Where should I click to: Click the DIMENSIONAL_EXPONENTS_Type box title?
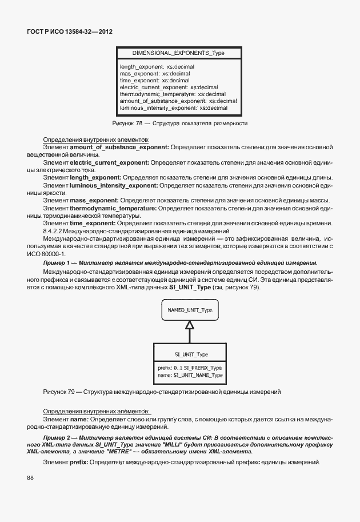tap(178, 53)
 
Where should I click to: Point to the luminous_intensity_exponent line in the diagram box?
tap(174, 108)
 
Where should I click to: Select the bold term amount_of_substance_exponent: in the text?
tap(119, 148)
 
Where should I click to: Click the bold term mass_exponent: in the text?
tap(94, 200)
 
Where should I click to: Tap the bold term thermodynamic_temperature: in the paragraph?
tap(113, 208)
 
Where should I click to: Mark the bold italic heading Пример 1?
tap(58, 262)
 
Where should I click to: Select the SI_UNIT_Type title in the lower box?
tap(190, 354)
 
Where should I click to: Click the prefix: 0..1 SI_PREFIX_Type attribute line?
tap(190, 368)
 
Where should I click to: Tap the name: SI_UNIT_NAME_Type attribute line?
tap(190, 375)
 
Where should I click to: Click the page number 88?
tap(30, 477)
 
